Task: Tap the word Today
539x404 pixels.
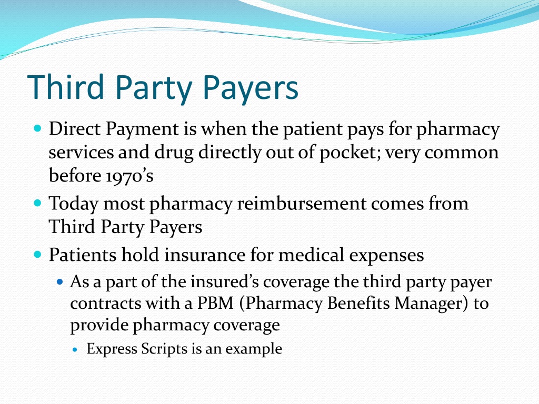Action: click(73, 203)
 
